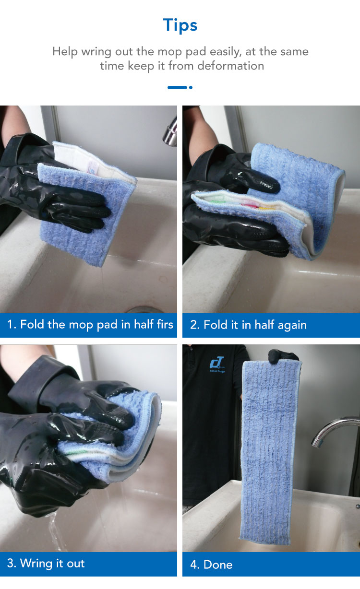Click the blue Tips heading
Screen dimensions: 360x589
pyautogui.click(x=180, y=25)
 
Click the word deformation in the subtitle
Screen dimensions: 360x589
pyautogui.click(x=231, y=66)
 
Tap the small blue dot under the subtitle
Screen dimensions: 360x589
pyautogui.click(x=191, y=88)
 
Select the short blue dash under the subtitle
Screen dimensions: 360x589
pyautogui.click(x=177, y=88)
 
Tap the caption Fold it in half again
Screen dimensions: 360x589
pyautogui.click(x=255, y=325)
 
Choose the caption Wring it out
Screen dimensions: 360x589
pyautogui.click(x=52, y=563)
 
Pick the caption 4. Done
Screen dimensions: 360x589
pyautogui.click(x=211, y=565)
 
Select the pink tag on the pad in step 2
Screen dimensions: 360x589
pyautogui.click(x=251, y=203)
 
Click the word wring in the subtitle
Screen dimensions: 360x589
pyautogui.click(x=96, y=52)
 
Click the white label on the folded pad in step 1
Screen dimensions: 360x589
pyautogui.click(x=93, y=168)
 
